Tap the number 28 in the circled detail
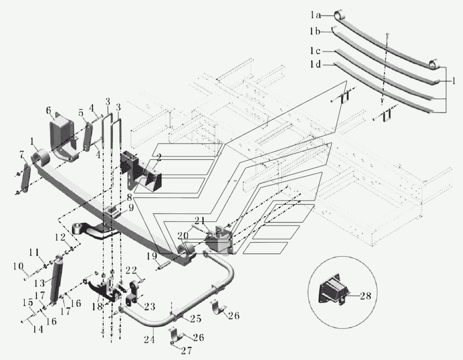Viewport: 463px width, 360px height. [366, 296]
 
